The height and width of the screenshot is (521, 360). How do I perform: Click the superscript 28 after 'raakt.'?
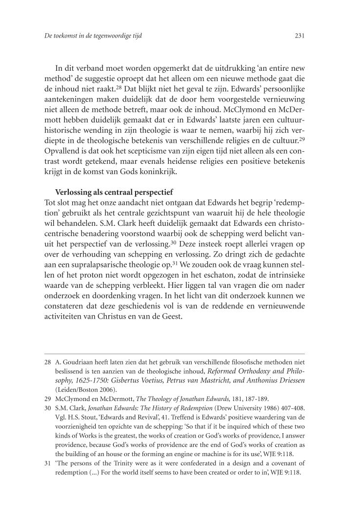coord(125,88)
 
